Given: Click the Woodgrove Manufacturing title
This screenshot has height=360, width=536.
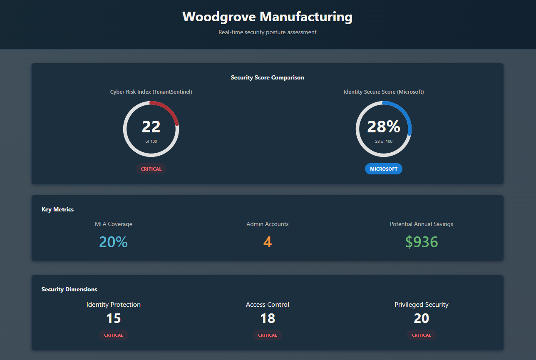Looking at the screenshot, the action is [267, 17].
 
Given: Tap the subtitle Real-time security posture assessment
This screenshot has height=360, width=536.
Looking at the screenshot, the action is [267, 32].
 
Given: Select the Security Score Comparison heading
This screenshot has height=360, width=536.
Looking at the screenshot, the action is [267, 77].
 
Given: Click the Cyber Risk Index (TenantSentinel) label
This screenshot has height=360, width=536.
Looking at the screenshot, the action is [151, 92].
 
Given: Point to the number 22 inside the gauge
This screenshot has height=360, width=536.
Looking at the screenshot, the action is [151, 127].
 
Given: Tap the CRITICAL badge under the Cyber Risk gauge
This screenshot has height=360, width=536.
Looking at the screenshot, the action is [151, 169].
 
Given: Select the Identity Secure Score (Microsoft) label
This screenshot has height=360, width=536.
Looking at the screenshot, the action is [384, 92].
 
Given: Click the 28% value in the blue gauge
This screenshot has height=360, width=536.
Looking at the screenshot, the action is [384, 127].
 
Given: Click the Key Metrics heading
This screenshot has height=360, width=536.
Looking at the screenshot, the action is [57, 209].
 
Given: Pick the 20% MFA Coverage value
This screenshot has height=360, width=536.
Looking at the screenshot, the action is [113, 242].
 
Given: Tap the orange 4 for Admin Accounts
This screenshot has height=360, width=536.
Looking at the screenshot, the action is [268, 242].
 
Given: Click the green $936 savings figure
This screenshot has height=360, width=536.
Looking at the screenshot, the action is [422, 242].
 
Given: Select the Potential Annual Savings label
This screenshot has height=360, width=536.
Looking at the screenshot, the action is [422, 224].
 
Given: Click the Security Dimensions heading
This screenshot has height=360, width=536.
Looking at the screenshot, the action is [69, 289].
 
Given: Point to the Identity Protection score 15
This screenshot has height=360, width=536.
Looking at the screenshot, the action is [114, 318].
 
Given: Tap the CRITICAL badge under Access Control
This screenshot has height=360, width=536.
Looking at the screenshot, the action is [268, 335].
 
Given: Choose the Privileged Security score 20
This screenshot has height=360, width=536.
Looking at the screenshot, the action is [422, 318].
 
